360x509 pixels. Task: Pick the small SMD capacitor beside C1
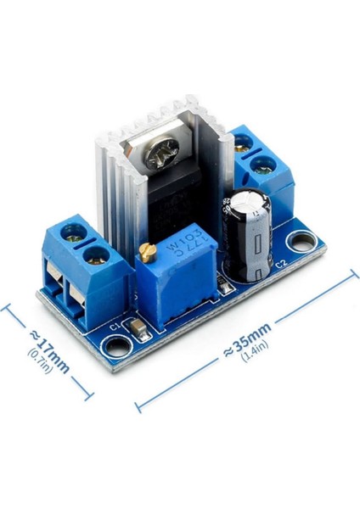(136, 326)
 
